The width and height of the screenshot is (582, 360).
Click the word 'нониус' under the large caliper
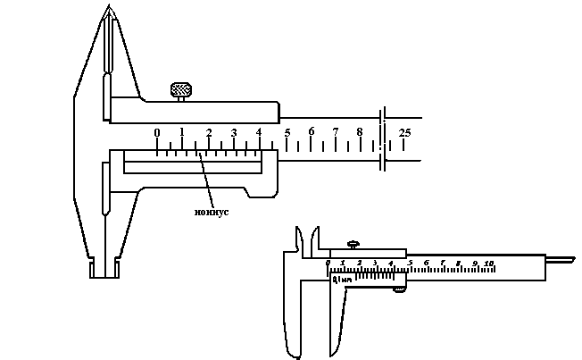[212, 212]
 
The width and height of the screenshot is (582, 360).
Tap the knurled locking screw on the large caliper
[181, 90]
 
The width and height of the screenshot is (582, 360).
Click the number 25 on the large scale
[404, 133]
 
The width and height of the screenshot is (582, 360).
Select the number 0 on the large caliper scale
[157, 132]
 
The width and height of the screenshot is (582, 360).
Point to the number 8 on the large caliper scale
[360, 132]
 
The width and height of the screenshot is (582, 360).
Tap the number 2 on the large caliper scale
[209, 133]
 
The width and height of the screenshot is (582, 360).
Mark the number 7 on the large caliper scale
[336, 132]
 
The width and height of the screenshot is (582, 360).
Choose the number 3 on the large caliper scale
[234, 132]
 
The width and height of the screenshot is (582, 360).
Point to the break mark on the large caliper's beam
[382, 138]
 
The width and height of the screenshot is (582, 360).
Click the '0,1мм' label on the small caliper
[340, 280]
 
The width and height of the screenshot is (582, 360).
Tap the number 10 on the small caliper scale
[489, 264]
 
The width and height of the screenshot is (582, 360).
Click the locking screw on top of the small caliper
[354, 243]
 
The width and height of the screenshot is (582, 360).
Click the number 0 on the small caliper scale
[328, 263]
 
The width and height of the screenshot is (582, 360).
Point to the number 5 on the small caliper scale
[410, 263]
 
